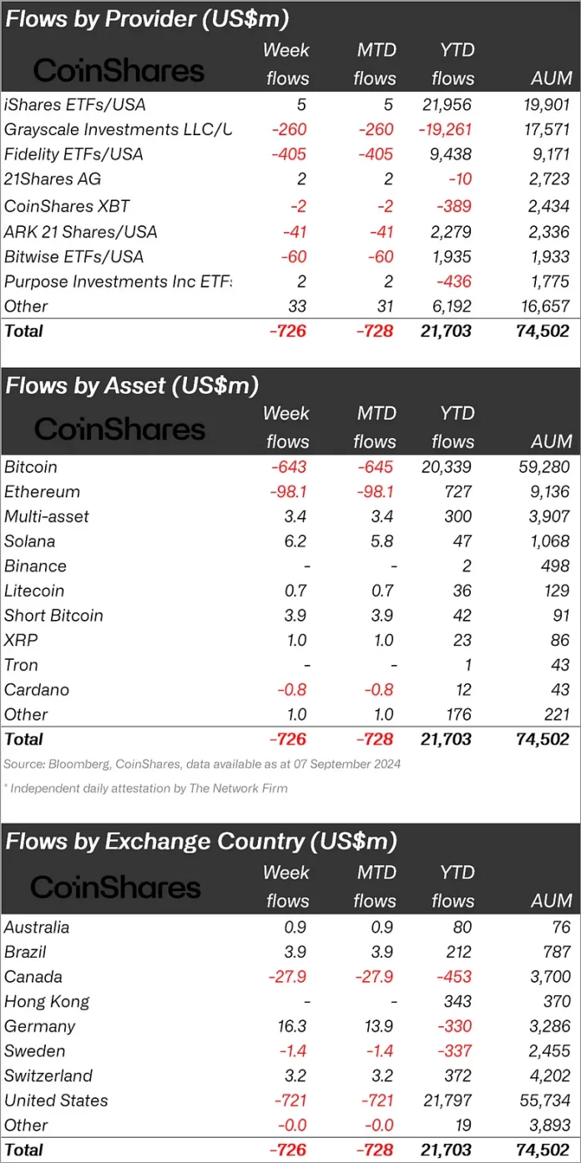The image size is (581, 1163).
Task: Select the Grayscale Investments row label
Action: coord(117,129)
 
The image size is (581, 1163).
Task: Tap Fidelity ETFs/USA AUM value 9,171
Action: coord(549,154)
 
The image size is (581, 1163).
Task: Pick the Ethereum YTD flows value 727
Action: coord(457,491)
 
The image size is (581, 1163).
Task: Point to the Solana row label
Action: coord(30,541)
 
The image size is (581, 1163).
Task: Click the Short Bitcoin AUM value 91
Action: coord(560,615)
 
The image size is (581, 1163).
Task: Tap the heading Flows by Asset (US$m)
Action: coord(132,385)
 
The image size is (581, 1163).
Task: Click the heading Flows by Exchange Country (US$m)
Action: coord(200,841)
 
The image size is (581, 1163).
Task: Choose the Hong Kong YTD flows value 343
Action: coord(457,1001)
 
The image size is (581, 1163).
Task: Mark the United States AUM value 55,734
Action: coord(543,1100)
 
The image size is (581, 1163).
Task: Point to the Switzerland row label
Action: coord(48,1075)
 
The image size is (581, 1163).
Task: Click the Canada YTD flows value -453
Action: coord(454,976)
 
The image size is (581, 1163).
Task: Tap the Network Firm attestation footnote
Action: coord(145,788)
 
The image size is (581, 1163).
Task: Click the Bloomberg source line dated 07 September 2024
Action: coord(202,763)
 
